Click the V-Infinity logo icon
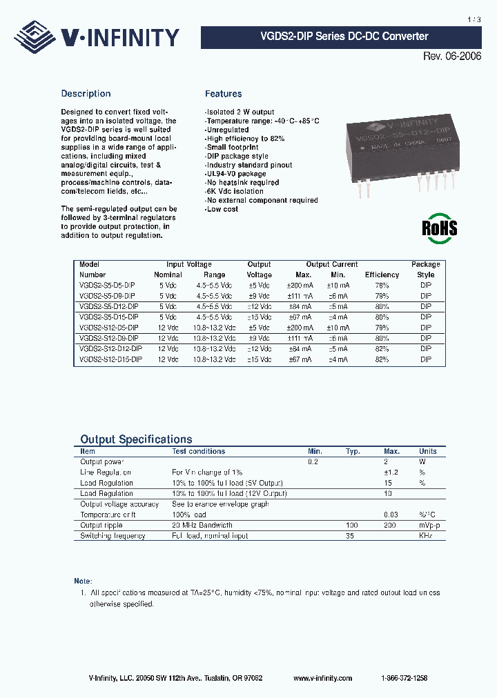(x=37, y=35)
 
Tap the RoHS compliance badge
(x=440, y=228)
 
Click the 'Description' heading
(x=86, y=94)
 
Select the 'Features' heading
(x=223, y=94)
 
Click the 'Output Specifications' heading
(x=136, y=439)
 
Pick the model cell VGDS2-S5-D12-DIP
(x=109, y=306)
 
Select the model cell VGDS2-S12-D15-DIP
(x=111, y=359)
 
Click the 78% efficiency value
(x=382, y=285)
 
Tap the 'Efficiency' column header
(x=382, y=275)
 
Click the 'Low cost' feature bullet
(x=222, y=210)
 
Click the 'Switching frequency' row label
(x=112, y=536)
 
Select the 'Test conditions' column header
(x=198, y=451)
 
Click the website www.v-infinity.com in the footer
(x=322, y=678)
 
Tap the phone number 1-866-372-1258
(x=404, y=678)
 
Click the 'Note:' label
(x=83, y=581)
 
